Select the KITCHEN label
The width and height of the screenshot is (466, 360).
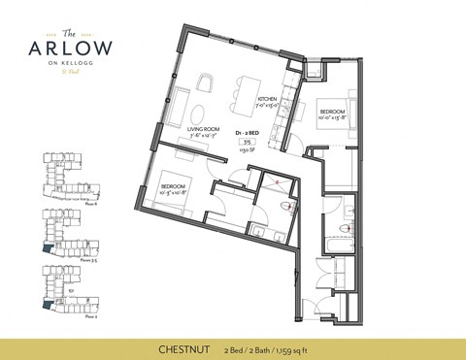268,101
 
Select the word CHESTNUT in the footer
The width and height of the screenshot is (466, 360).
185,345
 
